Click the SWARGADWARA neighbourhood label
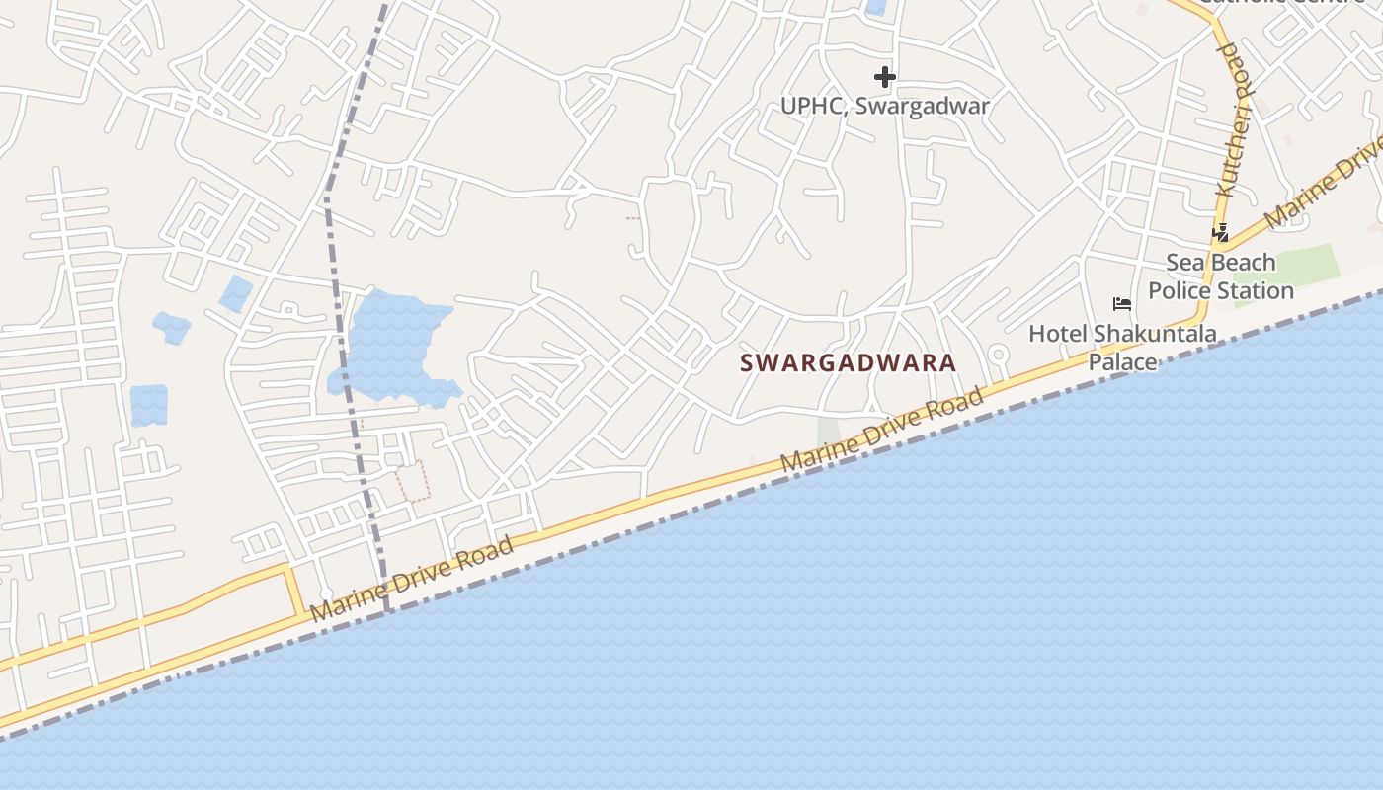click(849, 362)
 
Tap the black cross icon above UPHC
click(884, 76)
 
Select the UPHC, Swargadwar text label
click(884, 106)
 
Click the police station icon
click(1221, 233)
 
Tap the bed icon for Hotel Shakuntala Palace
click(1121, 303)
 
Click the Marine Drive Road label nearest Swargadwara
click(882, 431)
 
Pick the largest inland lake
click(390, 346)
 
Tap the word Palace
click(1122, 362)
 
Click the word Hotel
click(1056, 334)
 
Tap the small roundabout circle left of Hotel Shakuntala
click(998, 354)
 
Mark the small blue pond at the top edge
click(875, 7)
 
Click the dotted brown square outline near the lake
click(413, 481)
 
